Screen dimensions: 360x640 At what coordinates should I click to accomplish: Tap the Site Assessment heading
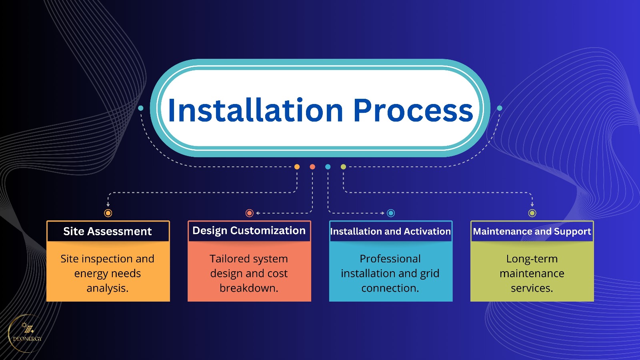(x=108, y=231)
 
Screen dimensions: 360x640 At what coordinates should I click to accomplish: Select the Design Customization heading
(x=249, y=231)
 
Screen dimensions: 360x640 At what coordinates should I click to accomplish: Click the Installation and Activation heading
(x=390, y=231)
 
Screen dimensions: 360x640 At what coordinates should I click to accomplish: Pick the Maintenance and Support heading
(x=532, y=231)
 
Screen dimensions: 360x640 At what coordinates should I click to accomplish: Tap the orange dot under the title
(x=297, y=167)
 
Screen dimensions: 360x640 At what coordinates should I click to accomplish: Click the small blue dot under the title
(x=328, y=167)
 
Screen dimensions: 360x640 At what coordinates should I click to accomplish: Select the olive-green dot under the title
(x=343, y=167)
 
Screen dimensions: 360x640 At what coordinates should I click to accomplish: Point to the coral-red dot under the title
(x=312, y=167)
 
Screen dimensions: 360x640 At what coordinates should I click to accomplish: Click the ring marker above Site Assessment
(x=108, y=213)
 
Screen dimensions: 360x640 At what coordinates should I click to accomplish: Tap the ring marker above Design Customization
(x=250, y=213)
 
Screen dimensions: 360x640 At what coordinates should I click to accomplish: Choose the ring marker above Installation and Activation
(x=391, y=213)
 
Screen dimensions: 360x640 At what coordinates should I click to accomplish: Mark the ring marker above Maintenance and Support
(x=532, y=213)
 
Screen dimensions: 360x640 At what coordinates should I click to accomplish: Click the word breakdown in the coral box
(x=248, y=288)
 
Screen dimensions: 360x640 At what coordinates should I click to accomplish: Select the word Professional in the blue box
(x=390, y=259)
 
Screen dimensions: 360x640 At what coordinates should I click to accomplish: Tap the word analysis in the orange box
(x=107, y=288)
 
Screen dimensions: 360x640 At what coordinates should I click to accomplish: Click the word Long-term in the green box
(x=532, y=259)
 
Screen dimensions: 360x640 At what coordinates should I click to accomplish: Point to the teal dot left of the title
(x=141, y=108)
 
